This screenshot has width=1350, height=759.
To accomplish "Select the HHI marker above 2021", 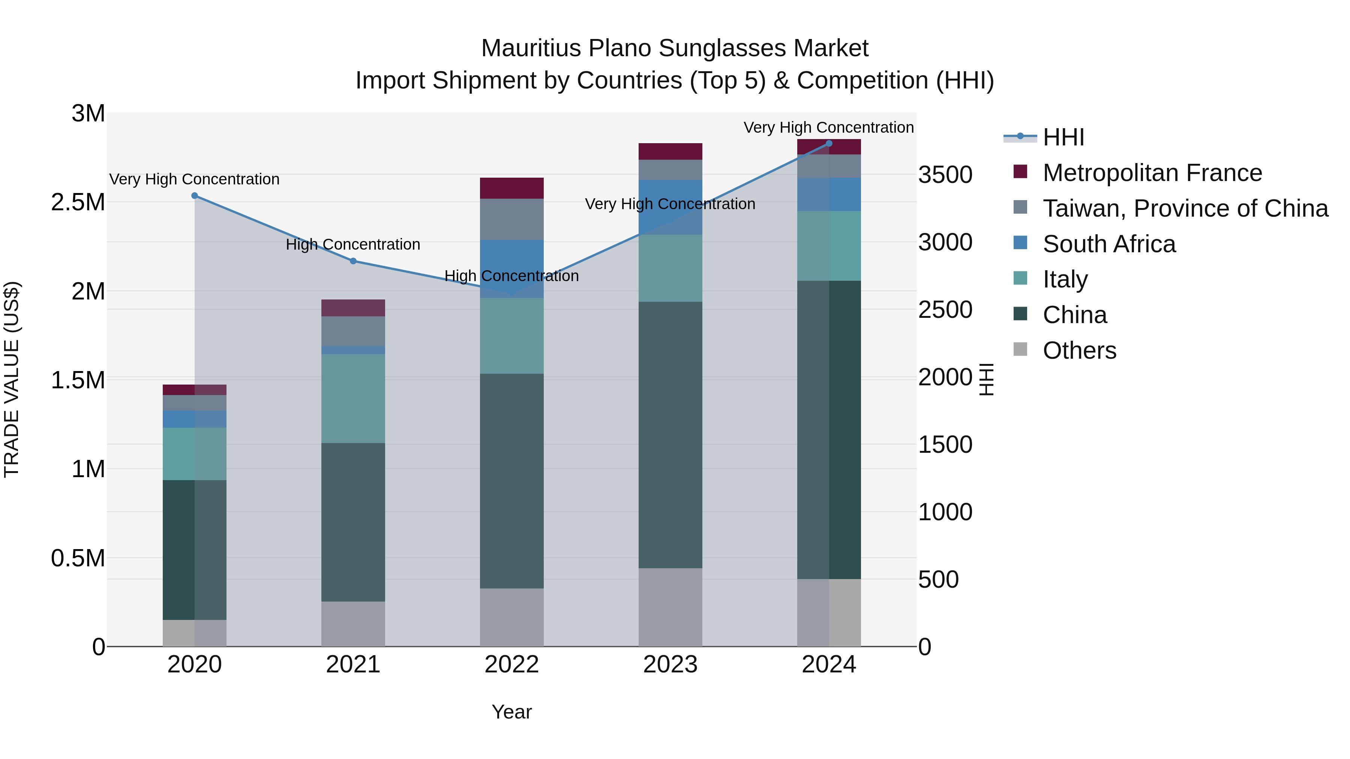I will (x=353, y=261).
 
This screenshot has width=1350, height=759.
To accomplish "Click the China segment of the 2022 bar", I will (x=511, y=481).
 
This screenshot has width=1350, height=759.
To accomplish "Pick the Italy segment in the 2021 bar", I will (x=353, y=399).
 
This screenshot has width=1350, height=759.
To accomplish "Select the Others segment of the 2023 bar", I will (x=670, y=607).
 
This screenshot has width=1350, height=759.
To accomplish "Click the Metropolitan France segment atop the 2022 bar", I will (x=511, y=188).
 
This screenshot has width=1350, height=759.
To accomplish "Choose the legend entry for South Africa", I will (x=1109, y=244).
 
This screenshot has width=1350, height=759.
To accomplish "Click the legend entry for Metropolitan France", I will (x=1152, y=173).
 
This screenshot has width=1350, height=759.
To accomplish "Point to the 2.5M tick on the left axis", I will (x=78, y=202).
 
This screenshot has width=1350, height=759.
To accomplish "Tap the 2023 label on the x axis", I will (x=670, y=665).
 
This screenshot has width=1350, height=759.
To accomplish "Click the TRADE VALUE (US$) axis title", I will (x=12, y=379).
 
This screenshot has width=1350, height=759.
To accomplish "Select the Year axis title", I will (x=511, y=712).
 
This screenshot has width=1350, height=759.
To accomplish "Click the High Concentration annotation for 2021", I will (x=353, y=245).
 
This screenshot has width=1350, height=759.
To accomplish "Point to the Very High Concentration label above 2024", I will (x=828, y=127).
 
